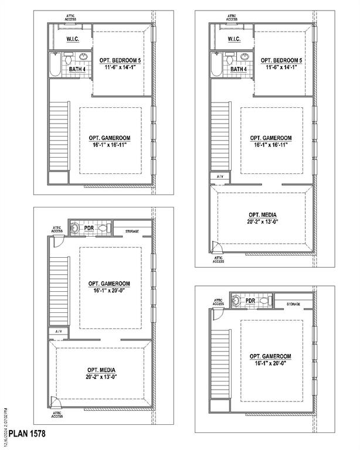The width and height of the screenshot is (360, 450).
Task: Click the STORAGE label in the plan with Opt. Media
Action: tap(132, 231)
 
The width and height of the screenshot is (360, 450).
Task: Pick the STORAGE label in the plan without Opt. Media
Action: tap(293, 304)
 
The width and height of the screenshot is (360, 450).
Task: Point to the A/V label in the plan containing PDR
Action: tap(59, 332)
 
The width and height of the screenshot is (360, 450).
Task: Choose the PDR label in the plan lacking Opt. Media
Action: tap(250, 301)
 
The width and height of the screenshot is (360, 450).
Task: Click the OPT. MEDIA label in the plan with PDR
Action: tap(101, 370)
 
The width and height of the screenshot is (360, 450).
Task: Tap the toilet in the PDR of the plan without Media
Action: tap(263, 301)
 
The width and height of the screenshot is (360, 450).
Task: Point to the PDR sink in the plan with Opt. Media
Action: tap(74, 227)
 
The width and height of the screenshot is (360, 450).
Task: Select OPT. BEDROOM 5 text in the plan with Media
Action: tap(281, 61)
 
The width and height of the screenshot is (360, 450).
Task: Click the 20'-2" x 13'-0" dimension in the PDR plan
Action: tap(101, 377)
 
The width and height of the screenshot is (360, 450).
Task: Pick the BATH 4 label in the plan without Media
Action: tap(77, 69)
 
